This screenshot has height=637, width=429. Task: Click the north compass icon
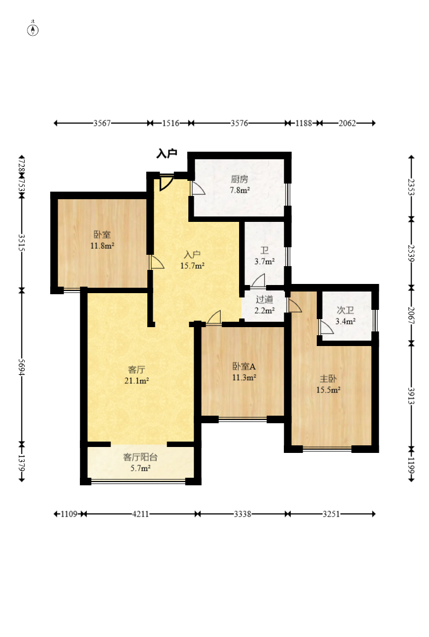coord(33,29)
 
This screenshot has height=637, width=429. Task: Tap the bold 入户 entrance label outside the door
coord(167,153)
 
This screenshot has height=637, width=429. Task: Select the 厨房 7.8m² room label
coord(240,185)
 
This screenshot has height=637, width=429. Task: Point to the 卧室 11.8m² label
coord(103,240)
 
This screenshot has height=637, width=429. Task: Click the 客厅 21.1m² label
coord(137,375)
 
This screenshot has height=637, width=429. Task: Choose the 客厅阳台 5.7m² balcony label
coord(140,463)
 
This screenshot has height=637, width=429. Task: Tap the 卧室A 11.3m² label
coord(244,372)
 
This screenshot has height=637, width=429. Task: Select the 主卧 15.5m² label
coord(328,384)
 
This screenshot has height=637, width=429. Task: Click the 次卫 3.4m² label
coord(345,316)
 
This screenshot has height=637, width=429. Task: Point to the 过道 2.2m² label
coord(264,305)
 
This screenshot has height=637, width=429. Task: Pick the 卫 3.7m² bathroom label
coord(264,256)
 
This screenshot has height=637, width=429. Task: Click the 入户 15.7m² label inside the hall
coord(192,260)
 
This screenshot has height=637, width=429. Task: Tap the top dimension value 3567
coord(102,123)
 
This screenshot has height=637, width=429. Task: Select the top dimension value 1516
coord(171,123)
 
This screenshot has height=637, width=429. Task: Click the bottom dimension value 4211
coord(140,514)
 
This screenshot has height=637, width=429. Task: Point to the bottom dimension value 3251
coord(331,514)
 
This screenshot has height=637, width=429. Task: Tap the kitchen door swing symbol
coord(198,188)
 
